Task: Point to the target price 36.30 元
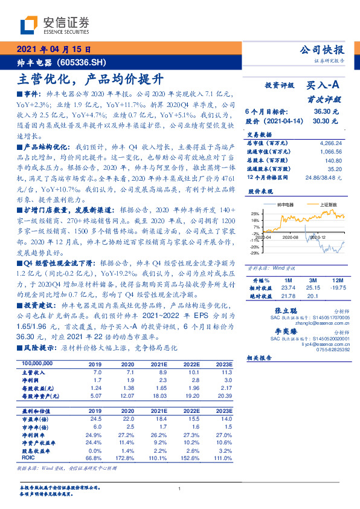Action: click(326, 112)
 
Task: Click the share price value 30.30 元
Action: click(326, 121)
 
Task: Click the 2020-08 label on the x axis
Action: click(292, 238)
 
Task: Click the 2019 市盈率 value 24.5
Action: click(95, 418)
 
